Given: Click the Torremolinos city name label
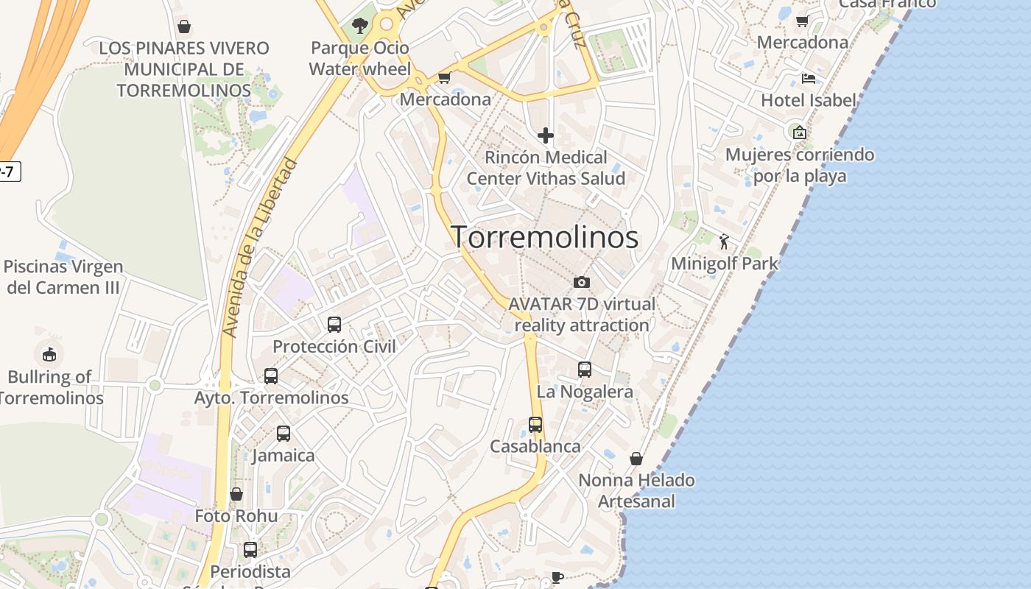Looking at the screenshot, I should click(x=544, y=237).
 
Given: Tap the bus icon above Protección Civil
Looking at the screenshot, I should click(x=334, y=324).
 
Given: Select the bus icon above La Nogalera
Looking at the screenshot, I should click(x=585, y=370).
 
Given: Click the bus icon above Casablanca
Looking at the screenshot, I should click(x=535, y=425).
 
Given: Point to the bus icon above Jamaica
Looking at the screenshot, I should click(x=284, y=434).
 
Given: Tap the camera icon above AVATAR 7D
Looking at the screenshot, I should click(x=581, y=282).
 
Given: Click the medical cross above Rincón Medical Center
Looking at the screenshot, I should click(x=546, y=135).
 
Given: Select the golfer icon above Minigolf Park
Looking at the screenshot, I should click(x=725, y=241).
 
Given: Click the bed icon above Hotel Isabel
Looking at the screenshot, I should click(x=809, y=79).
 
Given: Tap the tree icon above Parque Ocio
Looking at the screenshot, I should click(x=359, y=26).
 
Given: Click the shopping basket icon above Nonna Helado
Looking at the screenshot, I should click(x=636, y=459).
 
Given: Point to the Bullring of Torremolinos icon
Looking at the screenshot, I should click(x=49, y=354).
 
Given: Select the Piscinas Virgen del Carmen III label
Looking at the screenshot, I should click(x=63, y=277).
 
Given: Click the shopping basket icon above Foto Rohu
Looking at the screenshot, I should click(x=236, y=494).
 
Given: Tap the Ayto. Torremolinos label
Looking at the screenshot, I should click(x=271, y=398).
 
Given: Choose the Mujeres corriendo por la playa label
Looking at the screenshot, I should click(x=800, y=166).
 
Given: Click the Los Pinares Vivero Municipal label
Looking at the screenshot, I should click(x=184, y=69).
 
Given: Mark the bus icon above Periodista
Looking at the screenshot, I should click(x=250, y=549).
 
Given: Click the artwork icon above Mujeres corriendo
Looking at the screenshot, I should click(x=800, y=133).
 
